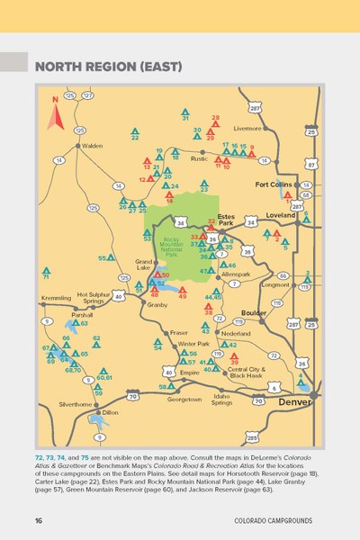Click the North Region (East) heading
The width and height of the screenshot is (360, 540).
coord(108,67)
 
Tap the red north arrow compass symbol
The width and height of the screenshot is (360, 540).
coord(55,106)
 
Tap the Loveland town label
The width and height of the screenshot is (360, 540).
coord(281,216)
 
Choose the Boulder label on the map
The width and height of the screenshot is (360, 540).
coord(254,312)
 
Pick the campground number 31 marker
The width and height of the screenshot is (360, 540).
coord(185,117)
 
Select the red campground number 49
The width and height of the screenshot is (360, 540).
coord(182,294)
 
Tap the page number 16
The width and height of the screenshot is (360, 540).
coord(39,520)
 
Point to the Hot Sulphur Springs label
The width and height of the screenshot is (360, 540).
coord(94,297)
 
